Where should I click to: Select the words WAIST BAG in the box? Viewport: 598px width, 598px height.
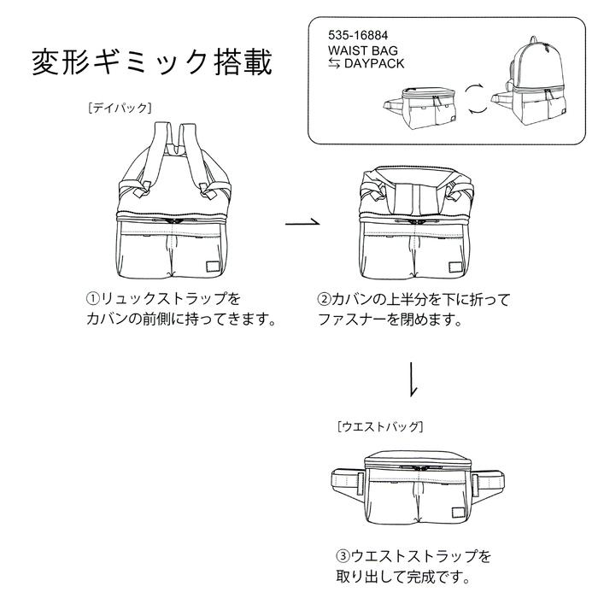pyautogui.click(x=362, y=51)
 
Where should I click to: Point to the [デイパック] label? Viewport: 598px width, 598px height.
pyautogui.click(x=119, y=108)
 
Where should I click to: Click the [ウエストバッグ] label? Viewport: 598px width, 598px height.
pyautogui.click(x=380, y=425)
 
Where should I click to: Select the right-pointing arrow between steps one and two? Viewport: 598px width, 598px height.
pyautogui.click(x=302, y=224)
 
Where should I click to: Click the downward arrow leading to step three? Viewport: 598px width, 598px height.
pyautogui.click(x=413, y=380)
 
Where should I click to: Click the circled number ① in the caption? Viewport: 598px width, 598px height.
pyautogui.click(x=92, y=300)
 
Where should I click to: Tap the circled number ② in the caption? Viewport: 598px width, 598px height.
pyautogui.click(x=324, y=300)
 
